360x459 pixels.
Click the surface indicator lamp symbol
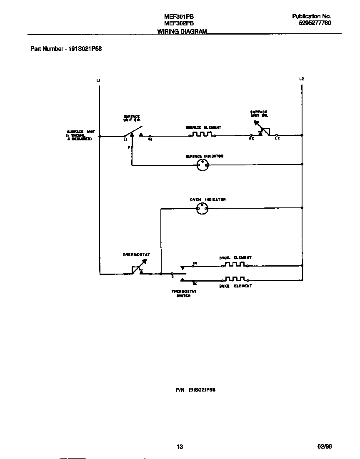coord(202,165)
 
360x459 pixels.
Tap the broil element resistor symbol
coord(235,264)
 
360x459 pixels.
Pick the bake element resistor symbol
coord(235,279)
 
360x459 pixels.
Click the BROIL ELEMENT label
coord(235,258)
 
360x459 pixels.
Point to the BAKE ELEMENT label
coord(235,286)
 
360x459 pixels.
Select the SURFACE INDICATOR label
coord(204,156)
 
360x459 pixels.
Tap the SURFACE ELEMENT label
coord(203,127)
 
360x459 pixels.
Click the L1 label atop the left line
coord(98,80)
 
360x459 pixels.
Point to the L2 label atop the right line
coord(302,79)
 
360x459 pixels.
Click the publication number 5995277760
coord(315,23)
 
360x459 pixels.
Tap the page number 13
coord(180,447)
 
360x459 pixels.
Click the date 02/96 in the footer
coord(325,447)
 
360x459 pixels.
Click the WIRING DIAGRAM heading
coord(182,32)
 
